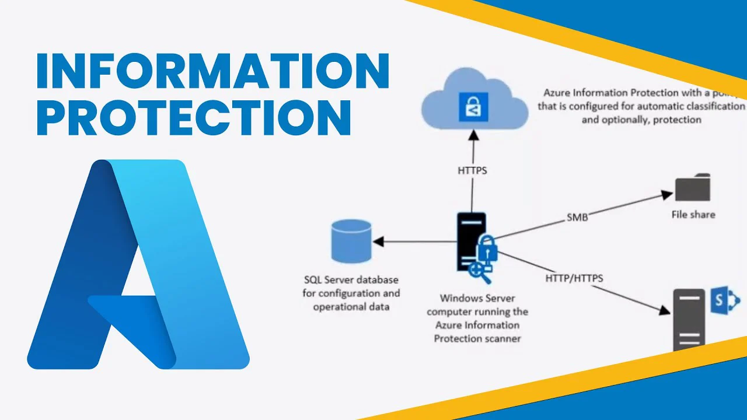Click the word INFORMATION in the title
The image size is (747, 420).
pos(213,71)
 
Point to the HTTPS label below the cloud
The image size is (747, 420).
pos(472,171)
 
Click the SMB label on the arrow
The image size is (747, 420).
pos(577,218)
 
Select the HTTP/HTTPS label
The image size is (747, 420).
pos(574,278)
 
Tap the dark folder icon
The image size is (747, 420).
pos(693,188)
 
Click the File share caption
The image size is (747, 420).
pos(693,215)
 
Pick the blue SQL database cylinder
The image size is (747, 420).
pos(351,241)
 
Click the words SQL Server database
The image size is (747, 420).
pos(351,280)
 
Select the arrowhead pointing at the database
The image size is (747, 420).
pos(379,242)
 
